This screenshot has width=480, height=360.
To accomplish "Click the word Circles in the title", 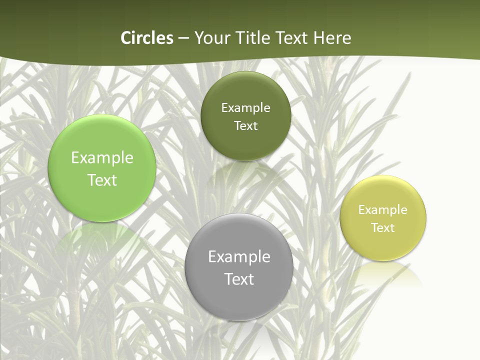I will click(x=147, y=38).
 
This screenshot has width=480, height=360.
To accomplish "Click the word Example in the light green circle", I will click(x=102, y=158).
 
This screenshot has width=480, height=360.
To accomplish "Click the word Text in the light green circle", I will click(x=102, y=180).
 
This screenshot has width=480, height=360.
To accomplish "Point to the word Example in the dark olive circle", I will click(x=245, y=108).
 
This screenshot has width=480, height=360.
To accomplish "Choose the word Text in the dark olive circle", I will click(x=245, y=126).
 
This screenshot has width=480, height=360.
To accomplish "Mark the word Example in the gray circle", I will click(x=239, y=257).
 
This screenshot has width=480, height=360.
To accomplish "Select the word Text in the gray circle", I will click(x=239, y=279).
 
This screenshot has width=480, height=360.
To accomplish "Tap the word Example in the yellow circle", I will click(x=383, y=210).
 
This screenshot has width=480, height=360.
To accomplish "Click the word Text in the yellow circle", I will click(x=383, y=228).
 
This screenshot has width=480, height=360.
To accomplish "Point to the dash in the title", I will click(x=183, y=38).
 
